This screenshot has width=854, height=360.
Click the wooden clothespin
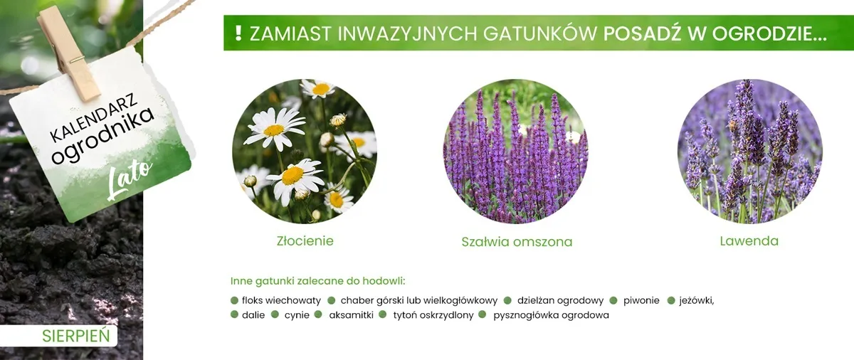pyautogui.click(x=69, y=53)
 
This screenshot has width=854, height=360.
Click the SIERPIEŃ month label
pyautogui.click(x=76, y=336)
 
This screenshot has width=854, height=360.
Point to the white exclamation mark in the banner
pyautogui.click(x=238, y=33)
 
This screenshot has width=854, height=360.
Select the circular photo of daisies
pyautogui.click(x=305, y=152)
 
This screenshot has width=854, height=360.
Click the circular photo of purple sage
pyautogui.click(x=516, y=152)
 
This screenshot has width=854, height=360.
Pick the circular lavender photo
pyautogui.click(x=749, y=152)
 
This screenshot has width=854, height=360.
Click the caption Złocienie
pyautogui.click(x=305, y=240)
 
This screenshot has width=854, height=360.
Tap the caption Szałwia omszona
pyautogui.click(x=517, y=242)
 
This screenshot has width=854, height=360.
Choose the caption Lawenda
pyautogui.click(x=749, y=240)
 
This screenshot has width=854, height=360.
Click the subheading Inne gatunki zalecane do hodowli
pyautogui.click(x=322, y=280)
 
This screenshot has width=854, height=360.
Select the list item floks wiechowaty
pyautogui.click(x=281, y=300)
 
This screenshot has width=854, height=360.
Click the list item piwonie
pyautogui.click(x=641, y=300)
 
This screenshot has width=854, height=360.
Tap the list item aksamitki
pyautogui.click(x=351, y=315)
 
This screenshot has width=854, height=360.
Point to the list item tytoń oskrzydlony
pyautogui.click(x=433, y=315)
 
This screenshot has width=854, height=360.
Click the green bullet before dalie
pyautogui.click(x=234, y=314)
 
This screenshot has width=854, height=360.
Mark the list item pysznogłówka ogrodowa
pyautogui.click(x=551, y=315)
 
